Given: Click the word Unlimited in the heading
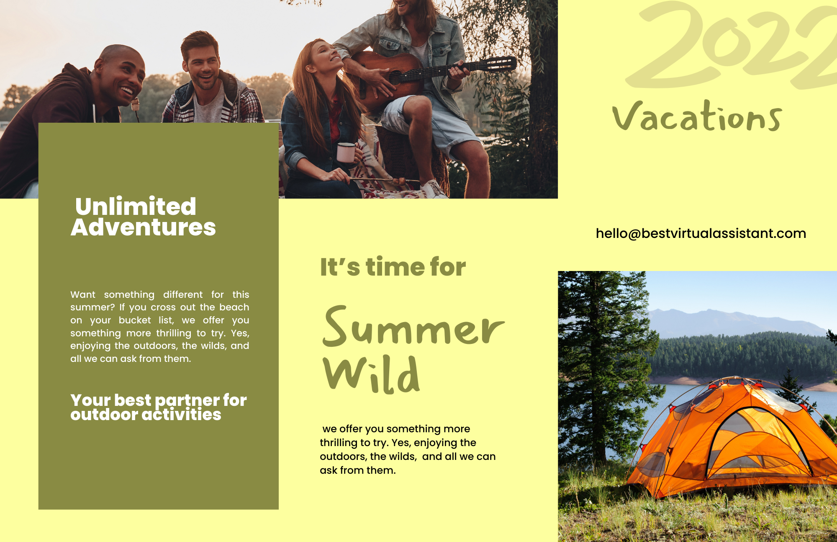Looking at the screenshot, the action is (x=136, y=206).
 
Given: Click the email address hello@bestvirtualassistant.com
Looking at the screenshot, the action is (x=701, y=233).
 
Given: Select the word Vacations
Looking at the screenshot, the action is (x=697, y=116).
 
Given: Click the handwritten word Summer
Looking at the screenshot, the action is (x=413, y=327).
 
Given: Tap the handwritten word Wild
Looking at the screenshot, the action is (x=371, y=374).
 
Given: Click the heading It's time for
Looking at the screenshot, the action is (x=393, y=267).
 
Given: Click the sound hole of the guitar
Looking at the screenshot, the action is (x=395, y=77).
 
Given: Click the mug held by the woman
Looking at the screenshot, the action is (x=347, y=152).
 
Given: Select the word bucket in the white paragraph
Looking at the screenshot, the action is (x=135, y=320).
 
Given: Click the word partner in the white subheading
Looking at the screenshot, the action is (x=187, y=401).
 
